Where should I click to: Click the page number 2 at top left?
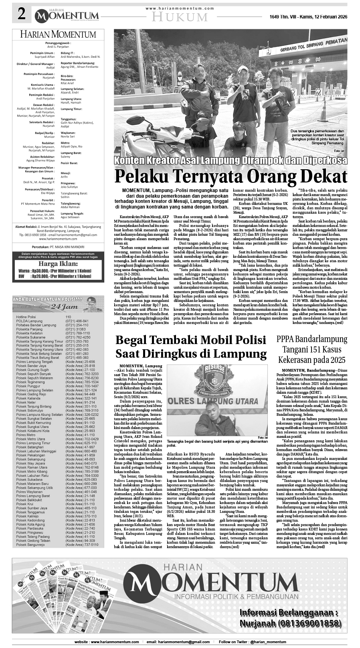tap(21, 15)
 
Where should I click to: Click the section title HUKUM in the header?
tap(181, 17)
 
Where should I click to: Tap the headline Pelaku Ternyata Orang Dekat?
tap(231, 176)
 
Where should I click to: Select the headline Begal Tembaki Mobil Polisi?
tap(191, 340)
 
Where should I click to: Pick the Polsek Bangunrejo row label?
tap(30, 545)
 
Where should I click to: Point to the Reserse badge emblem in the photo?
tap(215, 377)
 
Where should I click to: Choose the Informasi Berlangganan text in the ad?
tap(288, 613)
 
